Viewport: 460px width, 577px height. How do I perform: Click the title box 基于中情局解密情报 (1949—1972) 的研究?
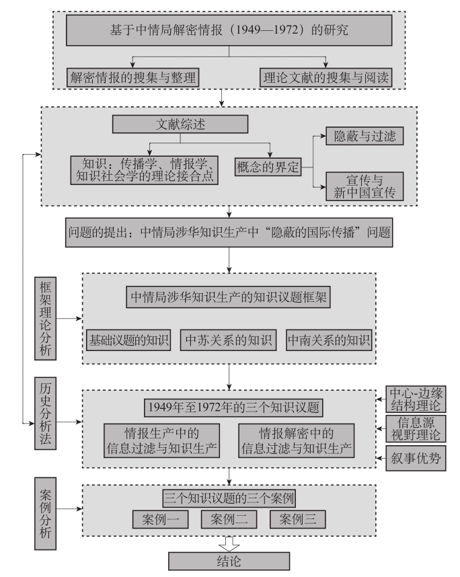229,30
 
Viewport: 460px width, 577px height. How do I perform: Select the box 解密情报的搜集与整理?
132,77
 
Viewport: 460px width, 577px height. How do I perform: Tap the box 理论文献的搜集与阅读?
325,77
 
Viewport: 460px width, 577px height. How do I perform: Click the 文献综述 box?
180,124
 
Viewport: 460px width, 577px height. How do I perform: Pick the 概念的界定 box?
267,166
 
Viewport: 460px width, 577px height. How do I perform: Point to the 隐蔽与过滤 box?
365,137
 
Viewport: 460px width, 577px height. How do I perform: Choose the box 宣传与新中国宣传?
365,186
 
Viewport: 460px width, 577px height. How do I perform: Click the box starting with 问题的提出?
229,233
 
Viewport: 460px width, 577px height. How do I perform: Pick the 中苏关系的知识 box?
229,340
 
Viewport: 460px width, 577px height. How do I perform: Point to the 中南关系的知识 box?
329,340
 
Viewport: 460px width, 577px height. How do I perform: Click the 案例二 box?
229,518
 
